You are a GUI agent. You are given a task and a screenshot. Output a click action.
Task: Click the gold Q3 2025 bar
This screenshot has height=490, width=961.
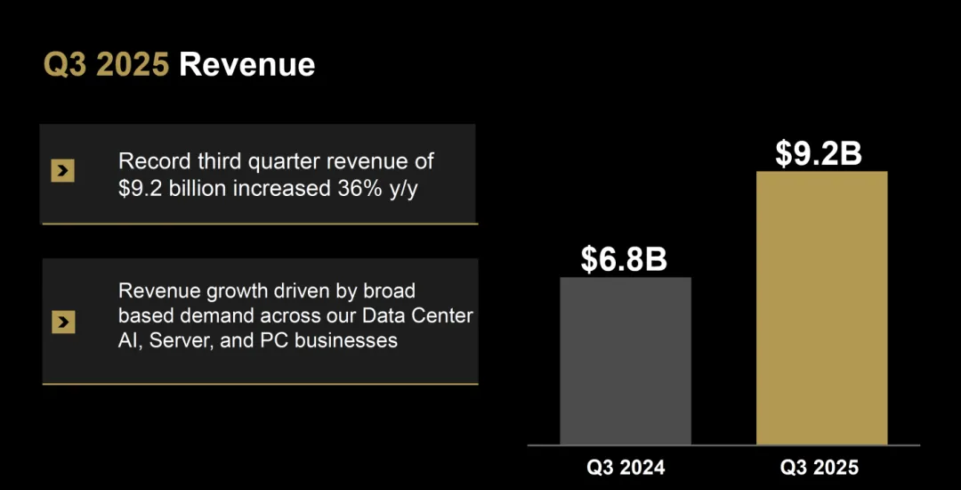[821, 307]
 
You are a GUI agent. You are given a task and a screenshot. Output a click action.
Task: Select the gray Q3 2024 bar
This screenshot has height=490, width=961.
[625, 361]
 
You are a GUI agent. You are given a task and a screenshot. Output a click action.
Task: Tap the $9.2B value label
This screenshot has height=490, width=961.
[818, 153]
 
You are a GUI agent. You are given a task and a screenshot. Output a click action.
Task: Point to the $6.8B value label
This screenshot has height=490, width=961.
[624, 258]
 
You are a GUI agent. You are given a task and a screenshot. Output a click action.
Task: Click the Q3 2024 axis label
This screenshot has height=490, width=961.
[626, 468]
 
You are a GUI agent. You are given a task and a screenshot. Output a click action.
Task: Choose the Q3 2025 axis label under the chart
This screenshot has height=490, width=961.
[820, 468]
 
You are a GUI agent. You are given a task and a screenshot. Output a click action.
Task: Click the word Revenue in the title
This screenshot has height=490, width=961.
[246, 65]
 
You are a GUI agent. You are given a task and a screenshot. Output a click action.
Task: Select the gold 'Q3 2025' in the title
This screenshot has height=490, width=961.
[107, 65]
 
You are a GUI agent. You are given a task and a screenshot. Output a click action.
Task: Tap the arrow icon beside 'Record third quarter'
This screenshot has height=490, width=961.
[62, 172]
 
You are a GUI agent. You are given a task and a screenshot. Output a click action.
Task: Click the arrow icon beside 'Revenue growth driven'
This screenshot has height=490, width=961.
[62, 322]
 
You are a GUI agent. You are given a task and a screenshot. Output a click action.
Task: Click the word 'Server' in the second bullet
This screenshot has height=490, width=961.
[179, 340]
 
